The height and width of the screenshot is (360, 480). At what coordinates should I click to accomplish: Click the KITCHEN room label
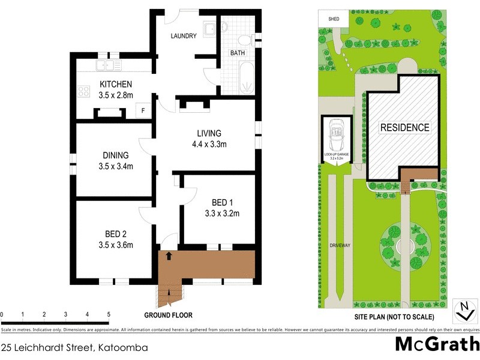click(x=116, y=84)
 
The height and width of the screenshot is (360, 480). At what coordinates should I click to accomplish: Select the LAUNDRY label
click(x=184, y=36)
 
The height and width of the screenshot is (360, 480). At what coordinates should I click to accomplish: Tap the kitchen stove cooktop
click(x=83, y=92)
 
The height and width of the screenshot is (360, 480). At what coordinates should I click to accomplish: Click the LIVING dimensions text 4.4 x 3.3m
click(x=209, y=143)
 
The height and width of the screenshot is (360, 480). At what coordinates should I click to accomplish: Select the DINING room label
click(x=115, y=155)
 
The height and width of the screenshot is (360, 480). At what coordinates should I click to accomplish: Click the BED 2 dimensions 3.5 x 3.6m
click(x=115, y=244)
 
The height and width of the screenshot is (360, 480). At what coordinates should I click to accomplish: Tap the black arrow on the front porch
click(x=169, y=256)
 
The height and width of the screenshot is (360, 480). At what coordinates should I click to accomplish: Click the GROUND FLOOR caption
click(x=168, y=315)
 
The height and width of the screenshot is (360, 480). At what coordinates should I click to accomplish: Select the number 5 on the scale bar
click(x=109, y=314)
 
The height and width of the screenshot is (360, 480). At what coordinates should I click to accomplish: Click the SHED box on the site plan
click(x=334, y=19)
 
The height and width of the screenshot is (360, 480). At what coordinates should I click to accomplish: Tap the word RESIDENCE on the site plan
click(x=404, y=127)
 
